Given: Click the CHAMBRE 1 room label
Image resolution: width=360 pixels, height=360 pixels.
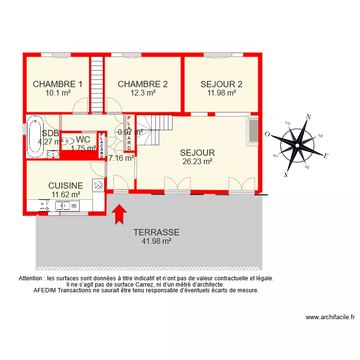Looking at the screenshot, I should (58, 84).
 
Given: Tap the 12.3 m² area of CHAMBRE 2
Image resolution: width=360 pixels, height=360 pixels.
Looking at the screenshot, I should (143, 93).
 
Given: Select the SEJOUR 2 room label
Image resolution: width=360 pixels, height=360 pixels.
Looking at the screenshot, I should (221, 84).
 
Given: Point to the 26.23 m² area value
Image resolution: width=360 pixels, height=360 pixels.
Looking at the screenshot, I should (197, 162).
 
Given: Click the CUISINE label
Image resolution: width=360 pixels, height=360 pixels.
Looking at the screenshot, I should (66, 185).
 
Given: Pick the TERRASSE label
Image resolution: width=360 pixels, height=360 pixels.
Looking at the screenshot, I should (156, 232).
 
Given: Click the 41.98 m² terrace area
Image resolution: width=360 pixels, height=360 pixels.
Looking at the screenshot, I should (156, 241).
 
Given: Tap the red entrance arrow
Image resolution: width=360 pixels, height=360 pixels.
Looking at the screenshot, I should (119, 215).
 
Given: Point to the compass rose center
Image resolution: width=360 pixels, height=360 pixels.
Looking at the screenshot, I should (298, 144).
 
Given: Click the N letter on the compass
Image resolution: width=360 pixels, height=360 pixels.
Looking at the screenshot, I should (309, 117).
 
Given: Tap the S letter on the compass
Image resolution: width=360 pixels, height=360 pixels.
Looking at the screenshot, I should (286, 175).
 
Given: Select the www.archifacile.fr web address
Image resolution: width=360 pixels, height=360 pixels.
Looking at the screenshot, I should (330, 317).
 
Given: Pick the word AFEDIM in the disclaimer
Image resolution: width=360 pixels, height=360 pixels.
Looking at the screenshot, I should (45, 290).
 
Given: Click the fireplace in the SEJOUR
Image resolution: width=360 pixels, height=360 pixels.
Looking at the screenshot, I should (252, 130).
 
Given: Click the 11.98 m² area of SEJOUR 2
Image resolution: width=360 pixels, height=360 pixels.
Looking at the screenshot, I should (221, 93).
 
